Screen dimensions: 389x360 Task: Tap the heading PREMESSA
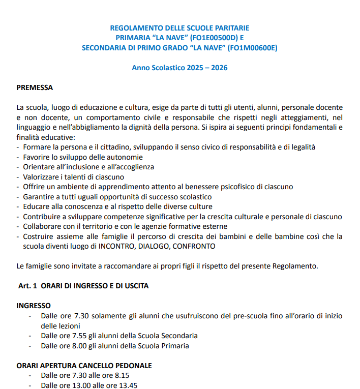click(x=35, y=87)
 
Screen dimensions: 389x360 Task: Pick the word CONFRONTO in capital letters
click(x=194, y=246)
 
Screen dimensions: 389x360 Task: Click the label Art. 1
click(x=28, y=286)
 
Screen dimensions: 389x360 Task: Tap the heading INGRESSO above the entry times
click(x=34, y=306)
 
